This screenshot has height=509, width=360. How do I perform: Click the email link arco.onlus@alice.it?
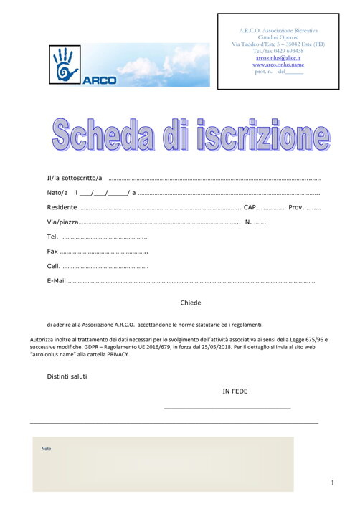[278, 57]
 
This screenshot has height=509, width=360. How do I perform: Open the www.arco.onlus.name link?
[278, 65]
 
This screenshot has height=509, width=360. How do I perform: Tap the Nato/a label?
[57, 193]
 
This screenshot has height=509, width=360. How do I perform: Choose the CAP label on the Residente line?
[250, 207]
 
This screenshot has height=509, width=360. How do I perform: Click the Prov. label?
[296, 207]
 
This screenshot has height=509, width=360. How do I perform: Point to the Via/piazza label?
[62, 222]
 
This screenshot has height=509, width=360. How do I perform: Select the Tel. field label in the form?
[52, 237]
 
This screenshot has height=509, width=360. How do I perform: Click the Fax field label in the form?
[52, 252]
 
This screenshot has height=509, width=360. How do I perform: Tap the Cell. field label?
[53, 266]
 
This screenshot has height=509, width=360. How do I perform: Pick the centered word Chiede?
[191, 303]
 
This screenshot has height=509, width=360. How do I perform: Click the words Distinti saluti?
[67, 376]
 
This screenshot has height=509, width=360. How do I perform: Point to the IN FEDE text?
[235, 391]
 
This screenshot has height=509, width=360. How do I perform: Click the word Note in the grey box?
[47, 449]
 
